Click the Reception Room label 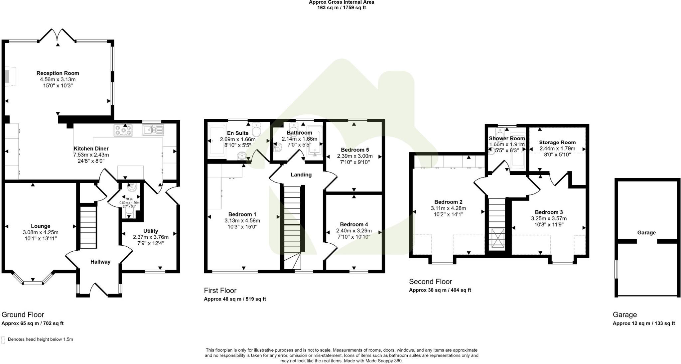click(58, 73)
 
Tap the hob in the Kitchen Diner click(123, 130)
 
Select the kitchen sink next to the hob click(153, 130)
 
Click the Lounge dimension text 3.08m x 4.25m click(41, 232)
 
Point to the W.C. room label click(129, 199)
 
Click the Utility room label click(151, 231)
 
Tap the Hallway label click(100, 262)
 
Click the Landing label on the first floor click(301, 175)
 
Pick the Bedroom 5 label click(355, 150)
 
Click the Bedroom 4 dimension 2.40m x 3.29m click(354, 231)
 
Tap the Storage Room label click(557, 142)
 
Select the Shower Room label click(507, 138)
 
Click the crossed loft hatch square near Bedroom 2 click(497, 238)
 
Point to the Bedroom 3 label click(549, 212)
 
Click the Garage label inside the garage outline click(646, 233)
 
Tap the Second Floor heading click(430, 282)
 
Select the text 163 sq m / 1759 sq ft click(341, 8)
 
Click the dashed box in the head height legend click(3, 340)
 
